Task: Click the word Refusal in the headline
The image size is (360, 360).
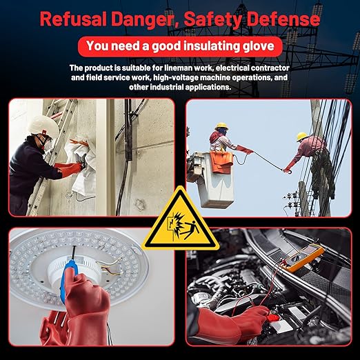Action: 73,19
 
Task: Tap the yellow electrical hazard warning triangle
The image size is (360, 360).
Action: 181,221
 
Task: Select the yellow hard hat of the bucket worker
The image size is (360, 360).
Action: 221,126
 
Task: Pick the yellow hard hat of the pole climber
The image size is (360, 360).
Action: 301,137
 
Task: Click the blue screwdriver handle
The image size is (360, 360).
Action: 67,275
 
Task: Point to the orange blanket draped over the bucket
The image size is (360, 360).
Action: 221,161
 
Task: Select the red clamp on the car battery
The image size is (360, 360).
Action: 273,318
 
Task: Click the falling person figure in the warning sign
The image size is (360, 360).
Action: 191,229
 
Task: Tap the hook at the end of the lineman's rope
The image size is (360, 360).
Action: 288,171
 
